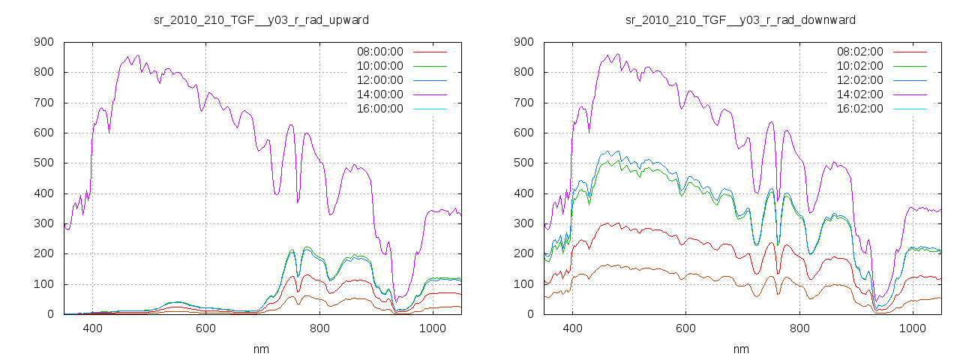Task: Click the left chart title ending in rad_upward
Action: coord(261,19)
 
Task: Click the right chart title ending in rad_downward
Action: coord(741,19)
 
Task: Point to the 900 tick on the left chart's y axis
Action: coord(43,42)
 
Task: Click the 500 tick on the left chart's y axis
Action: coord(43,163)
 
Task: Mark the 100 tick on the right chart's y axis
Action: coord(523,284)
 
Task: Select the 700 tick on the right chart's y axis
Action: coord(523,103)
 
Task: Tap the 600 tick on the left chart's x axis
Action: coord(206,328)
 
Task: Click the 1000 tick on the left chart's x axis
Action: coord(433,328)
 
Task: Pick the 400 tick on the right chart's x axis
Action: coord(573,328)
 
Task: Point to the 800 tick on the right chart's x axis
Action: coord(799,328)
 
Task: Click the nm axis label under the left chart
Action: coord(261,349)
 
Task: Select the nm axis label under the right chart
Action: coord(741,349)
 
